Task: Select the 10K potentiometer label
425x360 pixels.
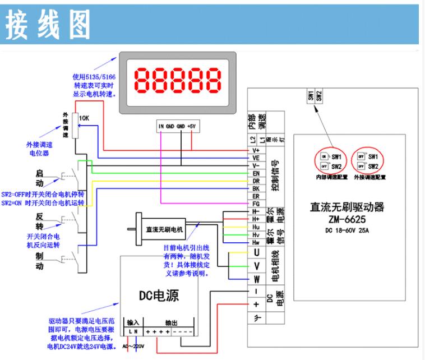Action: (x=84, y=119)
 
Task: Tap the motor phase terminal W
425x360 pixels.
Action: (x=256, y=279)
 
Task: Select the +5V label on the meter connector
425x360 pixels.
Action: (x=192, y=126)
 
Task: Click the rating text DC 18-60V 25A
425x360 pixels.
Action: (x=348, y=230)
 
